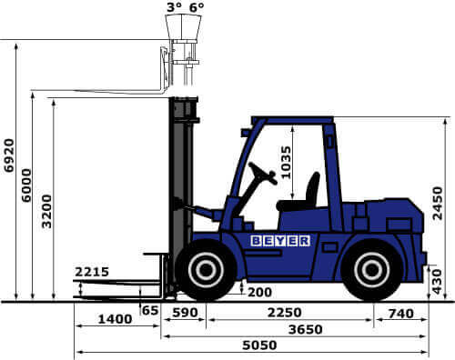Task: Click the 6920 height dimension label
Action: (9, 155)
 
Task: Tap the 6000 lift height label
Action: (26, 185)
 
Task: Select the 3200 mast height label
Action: (46, 212)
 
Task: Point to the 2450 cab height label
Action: (438, 203)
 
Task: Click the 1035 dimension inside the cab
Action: (286, 163)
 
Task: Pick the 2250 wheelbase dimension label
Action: (285, 313)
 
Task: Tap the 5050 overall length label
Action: (259, 345)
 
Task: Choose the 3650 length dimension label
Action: (306, 329)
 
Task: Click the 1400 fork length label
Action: (115, 319)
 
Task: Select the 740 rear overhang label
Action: (401, 314)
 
